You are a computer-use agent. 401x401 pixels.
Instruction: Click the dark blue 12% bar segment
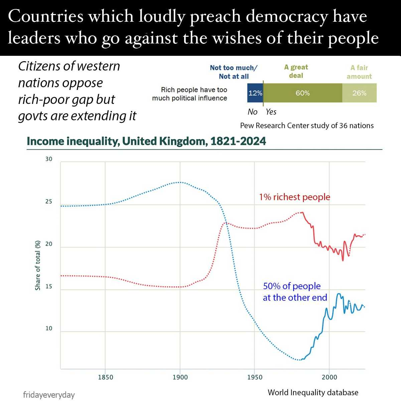point(255,93)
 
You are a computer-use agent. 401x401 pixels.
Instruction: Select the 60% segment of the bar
point(302,93)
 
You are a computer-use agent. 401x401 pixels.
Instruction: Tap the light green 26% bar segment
point(359,93)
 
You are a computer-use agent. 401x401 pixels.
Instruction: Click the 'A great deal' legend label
point(296,71)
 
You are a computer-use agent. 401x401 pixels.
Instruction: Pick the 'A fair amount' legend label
point(359,72)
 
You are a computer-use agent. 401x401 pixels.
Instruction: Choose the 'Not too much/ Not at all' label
point(234,72)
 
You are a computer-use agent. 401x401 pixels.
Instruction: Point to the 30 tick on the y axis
point(49,159)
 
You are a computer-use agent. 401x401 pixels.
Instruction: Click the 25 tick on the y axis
point(49,202)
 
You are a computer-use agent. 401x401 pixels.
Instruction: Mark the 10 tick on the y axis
point(49,328)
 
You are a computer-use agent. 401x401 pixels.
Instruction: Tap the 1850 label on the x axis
point(106,377)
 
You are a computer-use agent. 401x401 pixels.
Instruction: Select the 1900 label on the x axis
point(180,377)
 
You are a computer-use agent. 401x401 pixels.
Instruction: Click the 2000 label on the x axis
point(329,377)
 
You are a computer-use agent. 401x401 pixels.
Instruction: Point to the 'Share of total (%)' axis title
point(38,265)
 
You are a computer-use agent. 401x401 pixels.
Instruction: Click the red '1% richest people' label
point(294,197)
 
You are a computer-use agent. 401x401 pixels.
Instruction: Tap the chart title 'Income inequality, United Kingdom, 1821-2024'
point(146,141)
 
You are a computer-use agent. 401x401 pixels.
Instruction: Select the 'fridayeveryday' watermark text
point(49,395)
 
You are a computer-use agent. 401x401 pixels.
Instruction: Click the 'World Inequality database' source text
point(313,393)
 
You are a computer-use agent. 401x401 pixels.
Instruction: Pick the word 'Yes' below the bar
point(271,112)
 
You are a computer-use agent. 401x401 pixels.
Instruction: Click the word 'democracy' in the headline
point(287,17)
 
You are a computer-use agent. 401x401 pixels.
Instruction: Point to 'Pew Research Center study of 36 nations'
point(307,126)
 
